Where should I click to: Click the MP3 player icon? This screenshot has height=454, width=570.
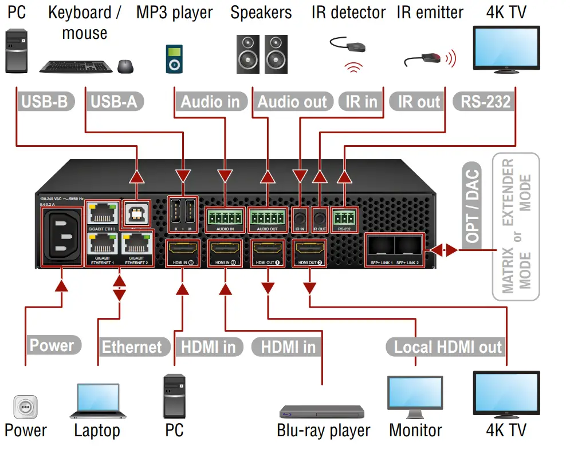pos(174,59)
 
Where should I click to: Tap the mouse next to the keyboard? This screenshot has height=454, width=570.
pos(126,66)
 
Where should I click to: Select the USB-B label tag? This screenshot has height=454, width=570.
pos(45,102)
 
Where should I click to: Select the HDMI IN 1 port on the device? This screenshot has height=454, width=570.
pos(182,250)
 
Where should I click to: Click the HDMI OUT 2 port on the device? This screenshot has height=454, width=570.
pos(309,250)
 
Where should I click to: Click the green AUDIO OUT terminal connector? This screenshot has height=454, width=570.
pos(268,217)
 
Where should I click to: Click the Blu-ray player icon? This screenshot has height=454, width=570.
pos(321,412)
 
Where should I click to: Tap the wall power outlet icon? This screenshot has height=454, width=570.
pos(25,408)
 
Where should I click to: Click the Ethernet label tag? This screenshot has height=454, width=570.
pos(132,347)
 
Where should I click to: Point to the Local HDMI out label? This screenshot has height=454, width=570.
pos(448,347)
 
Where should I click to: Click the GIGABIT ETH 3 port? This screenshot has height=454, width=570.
pos(102,213)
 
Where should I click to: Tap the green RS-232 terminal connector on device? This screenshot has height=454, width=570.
pos(344,217)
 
